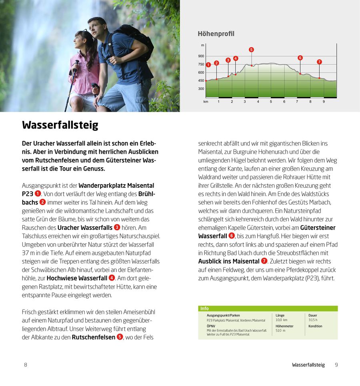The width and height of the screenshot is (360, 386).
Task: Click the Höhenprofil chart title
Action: tap(216, 34)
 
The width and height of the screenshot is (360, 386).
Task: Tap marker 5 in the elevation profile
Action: tap(251, 50)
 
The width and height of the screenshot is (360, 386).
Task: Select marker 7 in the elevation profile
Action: tap(319, 62)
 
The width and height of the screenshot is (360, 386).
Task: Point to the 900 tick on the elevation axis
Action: tap(201, 56)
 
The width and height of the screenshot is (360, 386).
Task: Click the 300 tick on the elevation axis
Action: tap(201, 89)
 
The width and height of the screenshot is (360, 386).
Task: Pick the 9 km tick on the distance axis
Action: tap(324, 102)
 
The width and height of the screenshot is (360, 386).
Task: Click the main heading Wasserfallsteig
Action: tap(60, 125)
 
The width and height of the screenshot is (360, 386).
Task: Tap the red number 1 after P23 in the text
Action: tap(38, 194)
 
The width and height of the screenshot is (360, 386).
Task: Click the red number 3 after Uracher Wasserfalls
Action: tap(117, 227)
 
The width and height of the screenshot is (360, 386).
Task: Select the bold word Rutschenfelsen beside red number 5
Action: tap(94, 337)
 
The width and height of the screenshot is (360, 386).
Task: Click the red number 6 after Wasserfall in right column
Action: tap(231, 236)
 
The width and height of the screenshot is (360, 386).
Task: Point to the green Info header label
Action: tap(204, 309)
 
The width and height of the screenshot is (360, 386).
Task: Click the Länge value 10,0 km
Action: tap(282, 320)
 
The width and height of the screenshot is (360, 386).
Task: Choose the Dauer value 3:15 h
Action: tap(313, 320)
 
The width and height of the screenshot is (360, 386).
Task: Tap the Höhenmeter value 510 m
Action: tap(280, 331)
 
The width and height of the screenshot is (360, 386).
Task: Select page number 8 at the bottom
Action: tap(26, 365)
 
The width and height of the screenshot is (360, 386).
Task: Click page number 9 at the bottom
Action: tap(336, 365)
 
